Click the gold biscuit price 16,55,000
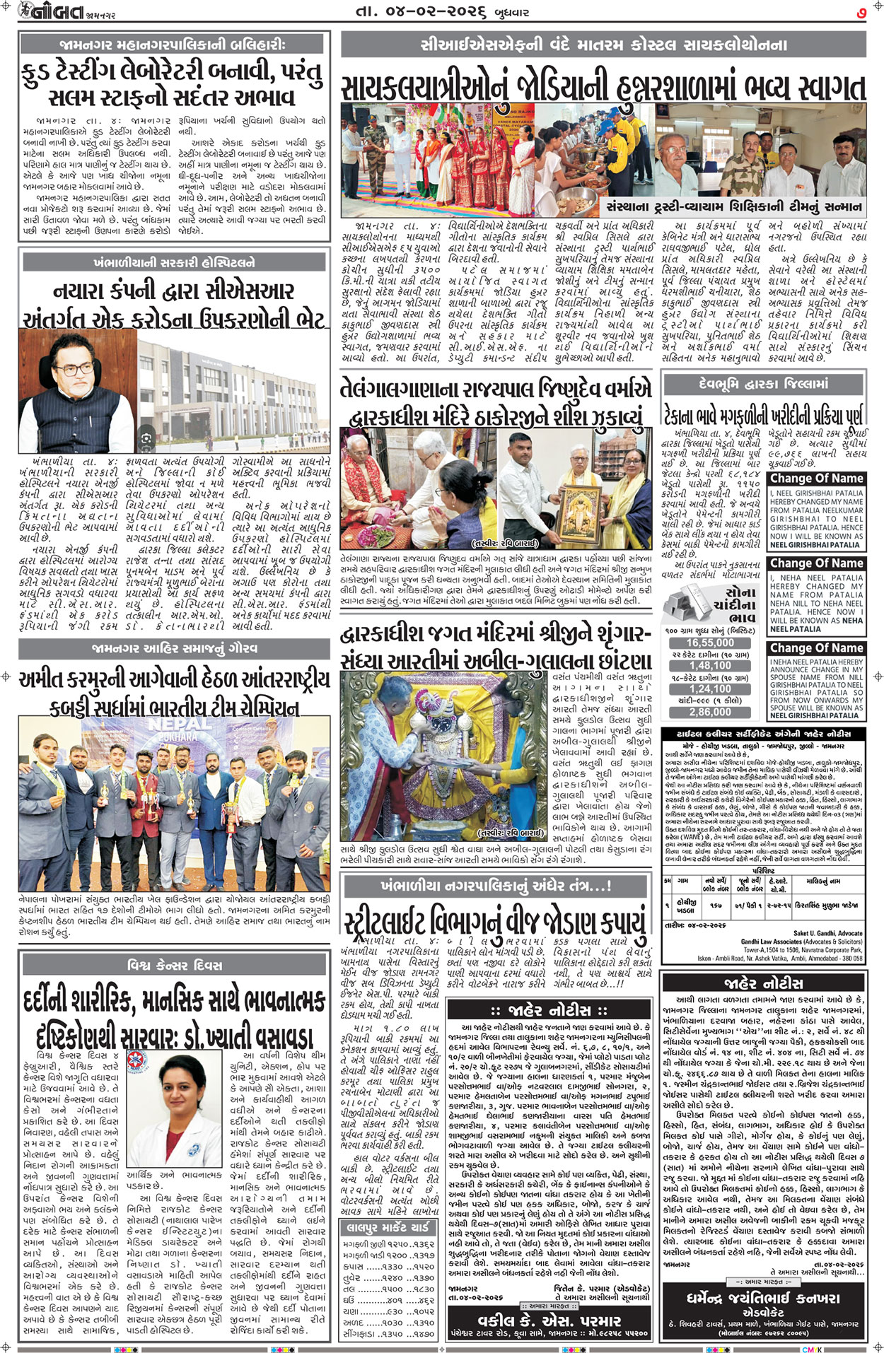pos(710,643)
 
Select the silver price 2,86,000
pos(710,712)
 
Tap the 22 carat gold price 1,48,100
pos(710,665)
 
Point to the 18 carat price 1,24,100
pos(710,689)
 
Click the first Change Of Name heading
pos(816,479)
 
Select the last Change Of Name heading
pos(816,648)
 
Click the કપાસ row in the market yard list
pos(388,1267)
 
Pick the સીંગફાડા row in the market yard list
pos(388,1334)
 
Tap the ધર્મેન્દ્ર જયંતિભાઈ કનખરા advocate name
pos(763,1298)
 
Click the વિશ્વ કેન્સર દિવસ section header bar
pos(174,965)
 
